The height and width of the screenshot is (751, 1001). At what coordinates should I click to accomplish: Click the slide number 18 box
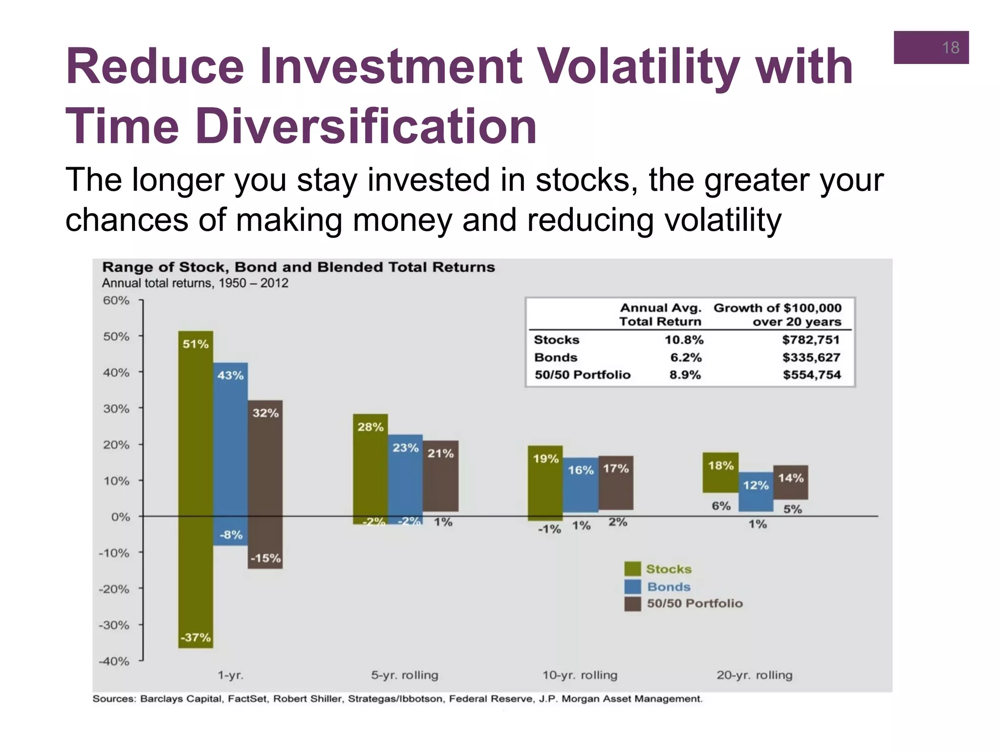[x=931, y=47]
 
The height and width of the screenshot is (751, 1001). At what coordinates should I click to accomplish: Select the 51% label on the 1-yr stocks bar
[x=196, y=344]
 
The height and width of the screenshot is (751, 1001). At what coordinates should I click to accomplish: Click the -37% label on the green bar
[x=196, y=638]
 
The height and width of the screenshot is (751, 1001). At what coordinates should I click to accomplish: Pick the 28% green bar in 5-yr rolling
[x=370, y=464]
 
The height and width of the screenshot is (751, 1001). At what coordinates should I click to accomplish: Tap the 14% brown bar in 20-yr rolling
[x=790, y=482]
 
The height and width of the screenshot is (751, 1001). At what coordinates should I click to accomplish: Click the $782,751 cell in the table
[x=810, y=340]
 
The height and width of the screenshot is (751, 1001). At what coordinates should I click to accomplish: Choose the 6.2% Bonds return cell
[x=686, y=357]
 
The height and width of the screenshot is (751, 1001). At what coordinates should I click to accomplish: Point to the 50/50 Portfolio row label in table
[x=582, y=375]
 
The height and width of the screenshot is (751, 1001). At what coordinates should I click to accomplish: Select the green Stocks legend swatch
[x=632, y=569]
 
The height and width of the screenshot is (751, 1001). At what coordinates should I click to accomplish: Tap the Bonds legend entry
[x=668, y=587]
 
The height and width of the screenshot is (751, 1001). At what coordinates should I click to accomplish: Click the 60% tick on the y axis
[x=116, y=300]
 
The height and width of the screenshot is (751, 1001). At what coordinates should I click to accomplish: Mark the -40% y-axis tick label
[x=114, y=661]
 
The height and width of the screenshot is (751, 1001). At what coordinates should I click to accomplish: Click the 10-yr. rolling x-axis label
[x=580, y=675]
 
